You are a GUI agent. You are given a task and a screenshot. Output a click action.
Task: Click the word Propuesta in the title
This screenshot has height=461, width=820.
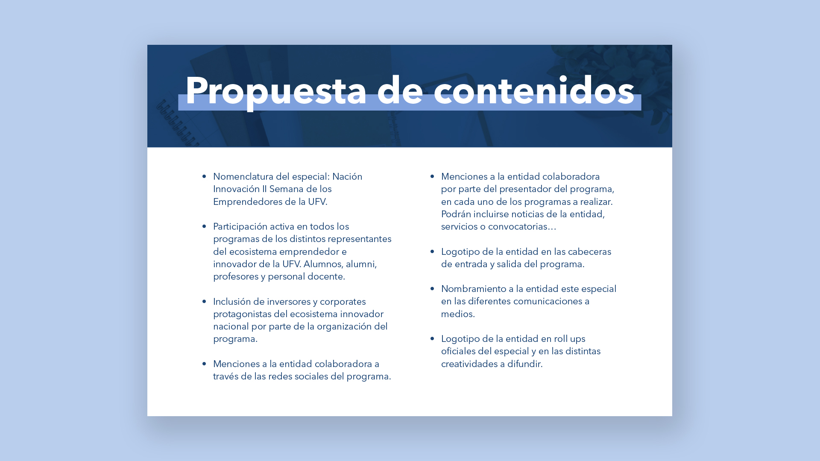pos(276,91)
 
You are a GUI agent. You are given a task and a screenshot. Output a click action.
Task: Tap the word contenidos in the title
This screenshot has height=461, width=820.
pos(534,91)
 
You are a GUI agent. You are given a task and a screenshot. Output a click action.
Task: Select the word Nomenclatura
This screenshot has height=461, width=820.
pos(243,177)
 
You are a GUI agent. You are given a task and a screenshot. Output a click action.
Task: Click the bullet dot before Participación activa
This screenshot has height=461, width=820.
pos(204,226)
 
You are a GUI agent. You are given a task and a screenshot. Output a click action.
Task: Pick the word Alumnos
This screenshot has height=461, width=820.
pos(322,264)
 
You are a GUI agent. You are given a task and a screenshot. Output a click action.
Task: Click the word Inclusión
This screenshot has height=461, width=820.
pos(232,302)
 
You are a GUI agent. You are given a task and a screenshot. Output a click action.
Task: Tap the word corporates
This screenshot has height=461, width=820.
pos(343,302)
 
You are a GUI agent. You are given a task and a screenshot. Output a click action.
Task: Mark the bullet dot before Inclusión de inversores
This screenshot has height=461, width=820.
pos(204,301)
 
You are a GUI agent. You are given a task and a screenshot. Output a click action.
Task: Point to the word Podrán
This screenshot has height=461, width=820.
pos(456,214)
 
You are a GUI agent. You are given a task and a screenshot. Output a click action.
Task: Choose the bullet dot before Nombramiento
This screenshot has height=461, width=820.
pos(432,289)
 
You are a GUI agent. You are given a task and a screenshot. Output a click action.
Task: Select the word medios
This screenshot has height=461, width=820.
pos(457,314)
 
